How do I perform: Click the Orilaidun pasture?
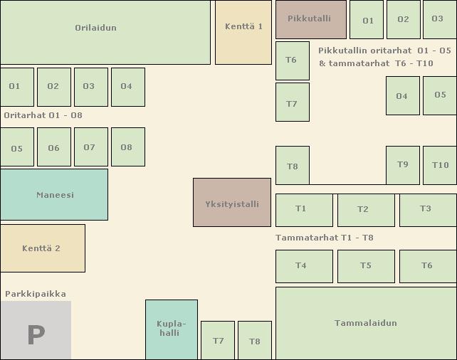pos(105,32)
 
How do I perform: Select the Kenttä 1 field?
pos(243,32)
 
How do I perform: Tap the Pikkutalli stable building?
pos(310,19)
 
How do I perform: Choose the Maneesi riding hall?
pos(54,194)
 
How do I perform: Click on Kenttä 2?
pos(42,248)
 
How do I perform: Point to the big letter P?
pos(36,334)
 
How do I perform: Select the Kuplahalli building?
pos(171,329)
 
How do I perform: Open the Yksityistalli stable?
pos(231,203)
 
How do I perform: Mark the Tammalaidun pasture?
pos(365,323)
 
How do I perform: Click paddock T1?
pos(303,209)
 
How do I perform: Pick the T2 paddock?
pos(365,209)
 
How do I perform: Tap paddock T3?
pos(427,209)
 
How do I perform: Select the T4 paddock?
pos(303,266)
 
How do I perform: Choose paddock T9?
pos(402,165)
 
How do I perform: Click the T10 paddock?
pos(440,165)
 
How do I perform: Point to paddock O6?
pos(53,147)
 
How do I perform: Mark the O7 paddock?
pos(90,147)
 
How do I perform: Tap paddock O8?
pos(127,147)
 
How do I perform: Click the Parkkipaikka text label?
pos(36,294)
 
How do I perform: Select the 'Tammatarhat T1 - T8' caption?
pos(325,238)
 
